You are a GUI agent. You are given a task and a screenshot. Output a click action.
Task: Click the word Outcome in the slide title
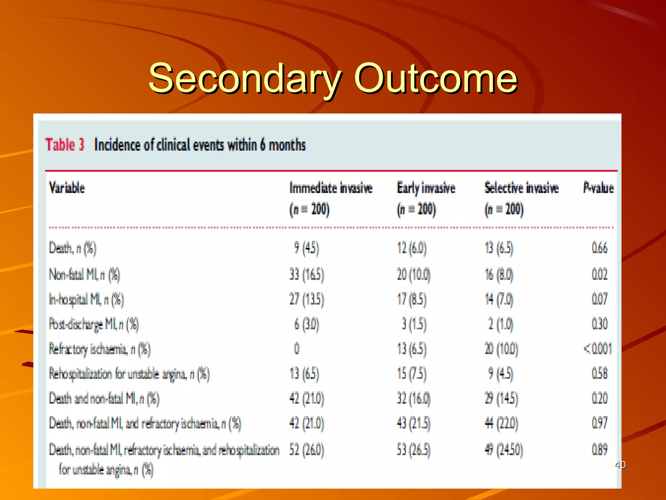click(435, 78)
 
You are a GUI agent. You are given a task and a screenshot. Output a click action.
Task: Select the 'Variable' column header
click(67, 188)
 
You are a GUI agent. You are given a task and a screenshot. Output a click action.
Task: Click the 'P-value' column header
click(598, 188)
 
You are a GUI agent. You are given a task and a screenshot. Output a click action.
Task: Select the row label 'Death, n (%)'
click(73, 248)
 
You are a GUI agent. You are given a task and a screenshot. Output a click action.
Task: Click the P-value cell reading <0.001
click(598, 349)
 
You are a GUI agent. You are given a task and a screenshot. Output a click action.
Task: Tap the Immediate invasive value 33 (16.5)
click(307, 274)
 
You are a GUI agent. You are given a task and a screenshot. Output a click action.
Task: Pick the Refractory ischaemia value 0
click(297, 349)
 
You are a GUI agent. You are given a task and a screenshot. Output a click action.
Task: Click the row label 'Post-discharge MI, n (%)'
click(94, 324)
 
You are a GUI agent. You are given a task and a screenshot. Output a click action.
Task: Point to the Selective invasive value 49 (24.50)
click(504, 450)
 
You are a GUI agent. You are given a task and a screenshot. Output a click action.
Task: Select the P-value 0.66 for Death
click(599, 248)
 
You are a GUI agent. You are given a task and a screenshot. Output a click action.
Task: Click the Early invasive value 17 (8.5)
click(411, 299)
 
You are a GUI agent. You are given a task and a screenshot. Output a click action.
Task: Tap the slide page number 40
click(620, 465)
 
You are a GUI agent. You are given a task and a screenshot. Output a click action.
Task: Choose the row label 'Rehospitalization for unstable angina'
click(129, 374)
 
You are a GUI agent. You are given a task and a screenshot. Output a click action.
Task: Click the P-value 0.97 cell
click(599, 423)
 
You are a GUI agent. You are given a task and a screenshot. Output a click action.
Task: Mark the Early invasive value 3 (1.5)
click(414, 324)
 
